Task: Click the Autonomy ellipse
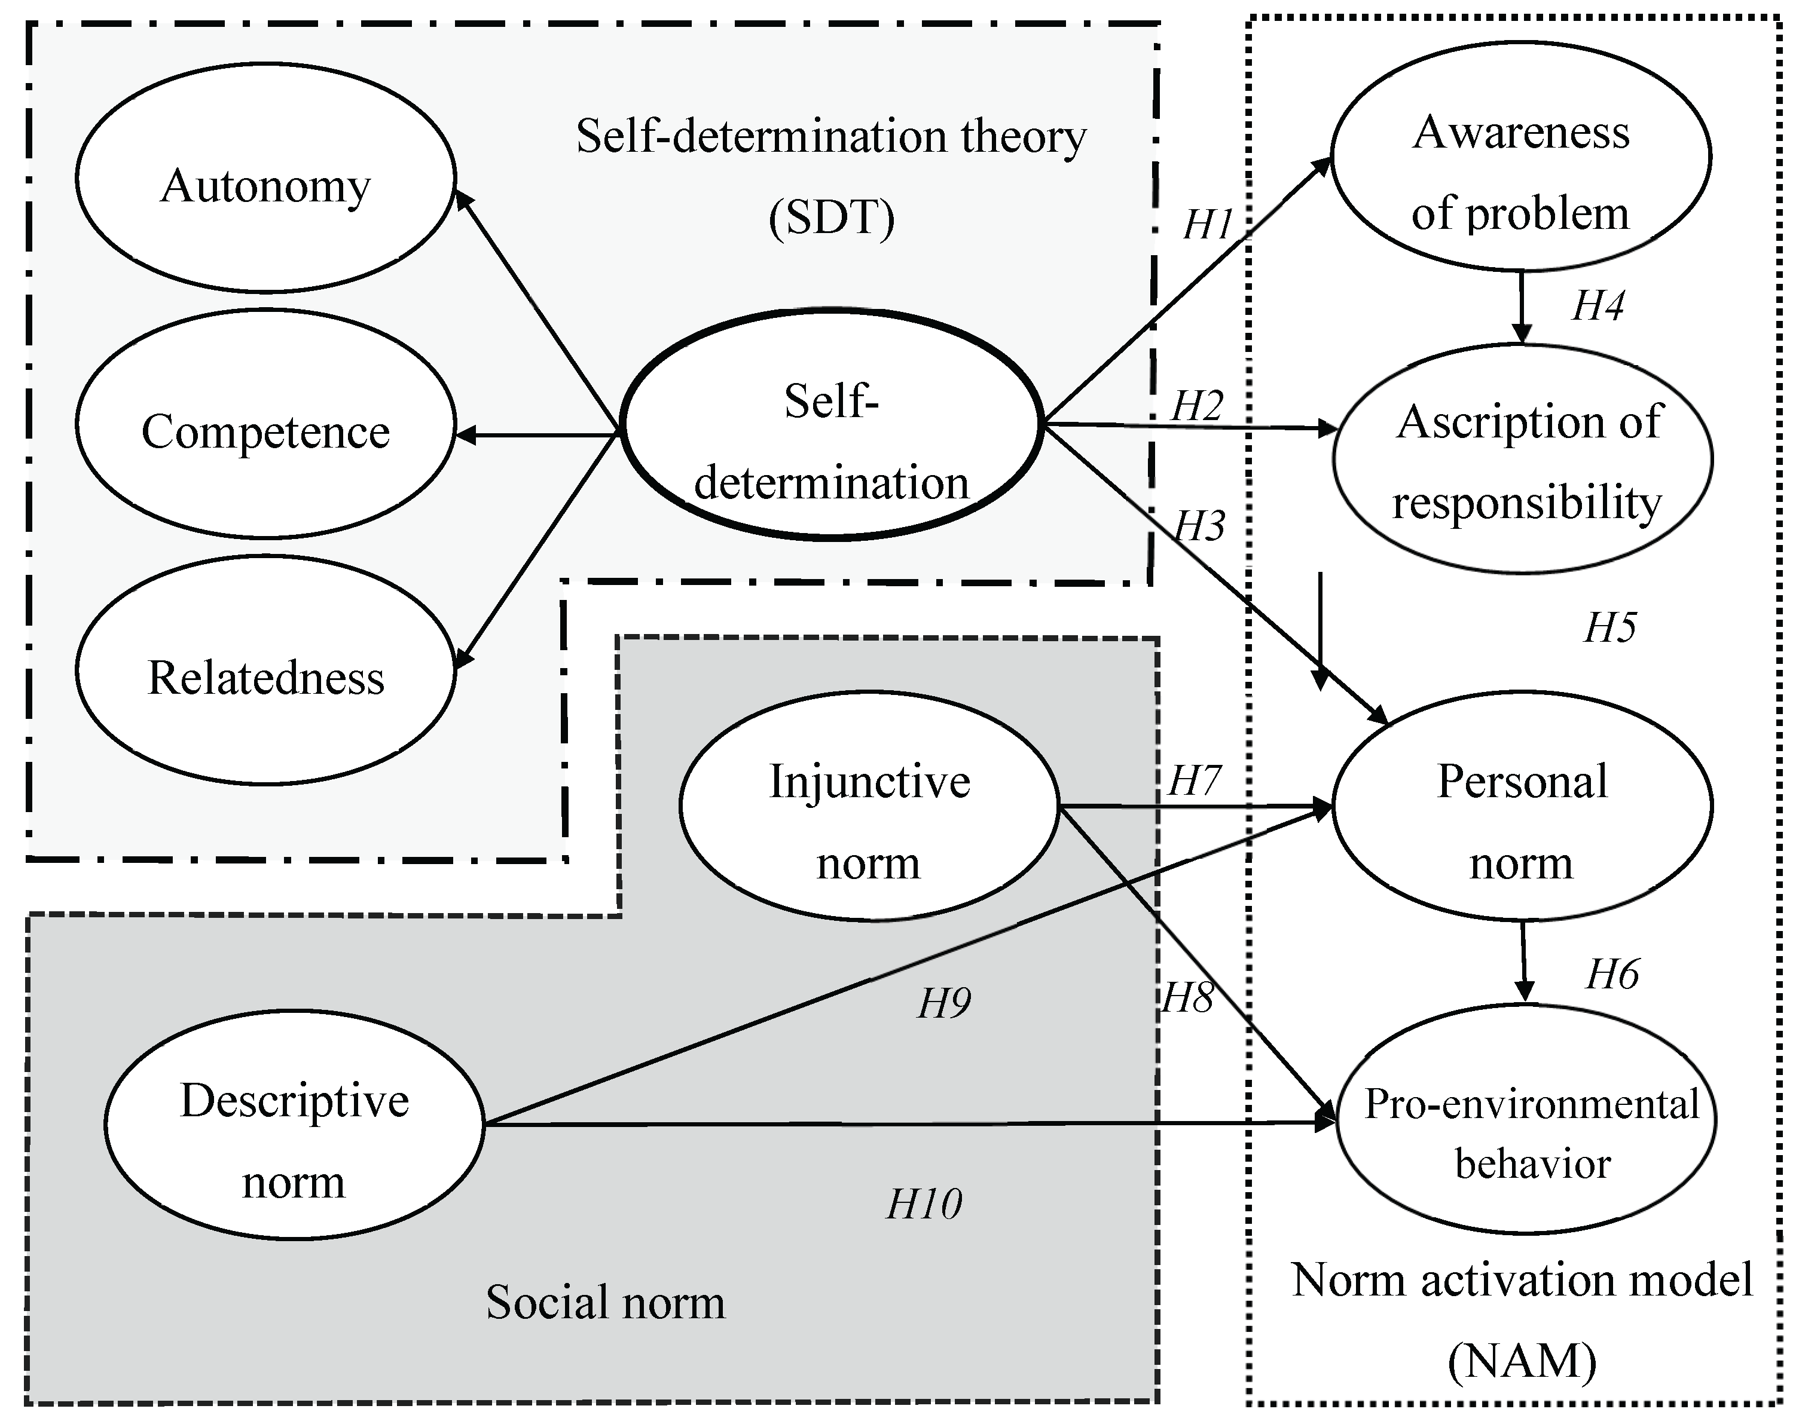265,177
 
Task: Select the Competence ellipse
265,424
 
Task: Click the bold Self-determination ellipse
832,425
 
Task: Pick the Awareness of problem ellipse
1520,157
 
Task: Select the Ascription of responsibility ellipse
1523,458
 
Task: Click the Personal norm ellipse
1522,806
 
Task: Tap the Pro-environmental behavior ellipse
1526,1119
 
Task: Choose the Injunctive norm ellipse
868,806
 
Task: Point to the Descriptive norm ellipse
294,1125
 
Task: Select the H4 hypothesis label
1597,306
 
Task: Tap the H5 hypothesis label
1609,628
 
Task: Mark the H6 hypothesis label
1611,975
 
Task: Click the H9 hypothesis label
943,1003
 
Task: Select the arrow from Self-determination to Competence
538,434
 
